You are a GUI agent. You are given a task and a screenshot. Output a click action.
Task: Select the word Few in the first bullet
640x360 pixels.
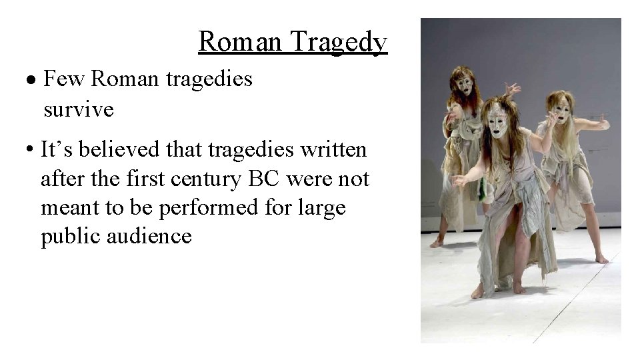[64, 79]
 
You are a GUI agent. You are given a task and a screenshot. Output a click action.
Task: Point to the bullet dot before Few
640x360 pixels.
[33, 81]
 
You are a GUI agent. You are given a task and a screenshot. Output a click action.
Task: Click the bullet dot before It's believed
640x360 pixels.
[31, 151]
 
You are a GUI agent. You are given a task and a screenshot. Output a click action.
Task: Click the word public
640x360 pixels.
[65, 237]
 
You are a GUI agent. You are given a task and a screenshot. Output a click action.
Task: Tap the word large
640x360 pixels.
[324, 208]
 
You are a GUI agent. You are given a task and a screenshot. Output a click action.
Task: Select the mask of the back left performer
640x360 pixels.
[465, 85]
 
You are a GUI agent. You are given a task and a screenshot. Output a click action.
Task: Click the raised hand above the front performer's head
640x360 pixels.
[512, 89]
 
